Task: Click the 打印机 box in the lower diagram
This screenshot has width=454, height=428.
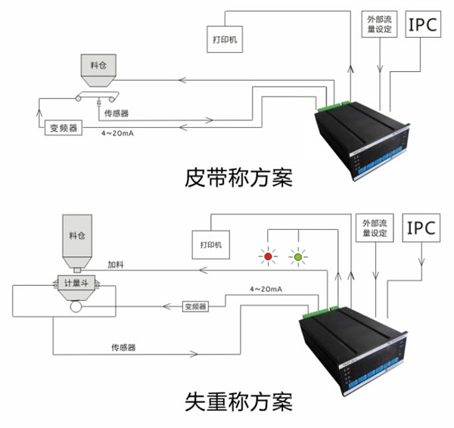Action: (x=210, y=246)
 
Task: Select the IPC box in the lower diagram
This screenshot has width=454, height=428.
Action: (x=420, y=228)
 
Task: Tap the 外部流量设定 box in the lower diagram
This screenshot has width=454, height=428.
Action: (x=374, y=228)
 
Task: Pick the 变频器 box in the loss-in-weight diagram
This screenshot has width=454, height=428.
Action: (x=195, y=306)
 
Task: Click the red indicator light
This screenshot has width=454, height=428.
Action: (x=267, y=258)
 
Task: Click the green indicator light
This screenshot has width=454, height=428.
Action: (x=298, y=258)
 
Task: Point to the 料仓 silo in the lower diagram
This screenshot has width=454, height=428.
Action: (x=78, y=237)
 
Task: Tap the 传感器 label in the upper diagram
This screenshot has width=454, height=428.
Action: (x=115, y=112)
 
